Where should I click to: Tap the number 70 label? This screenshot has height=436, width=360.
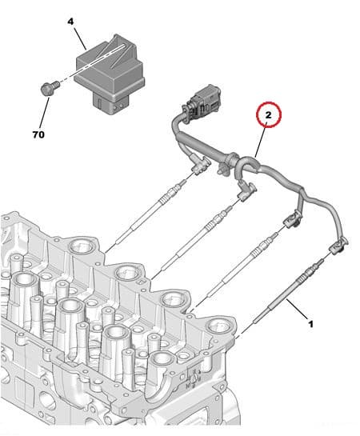pyautogui.click(x=38, y=134)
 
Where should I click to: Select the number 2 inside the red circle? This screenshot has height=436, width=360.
pyautogui.click(x=270, y=116)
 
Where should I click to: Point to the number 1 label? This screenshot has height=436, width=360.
pyautogui.click(x=311, y=325)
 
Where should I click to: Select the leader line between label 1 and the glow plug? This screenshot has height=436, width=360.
pyautogui.click(x=298, y=311)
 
